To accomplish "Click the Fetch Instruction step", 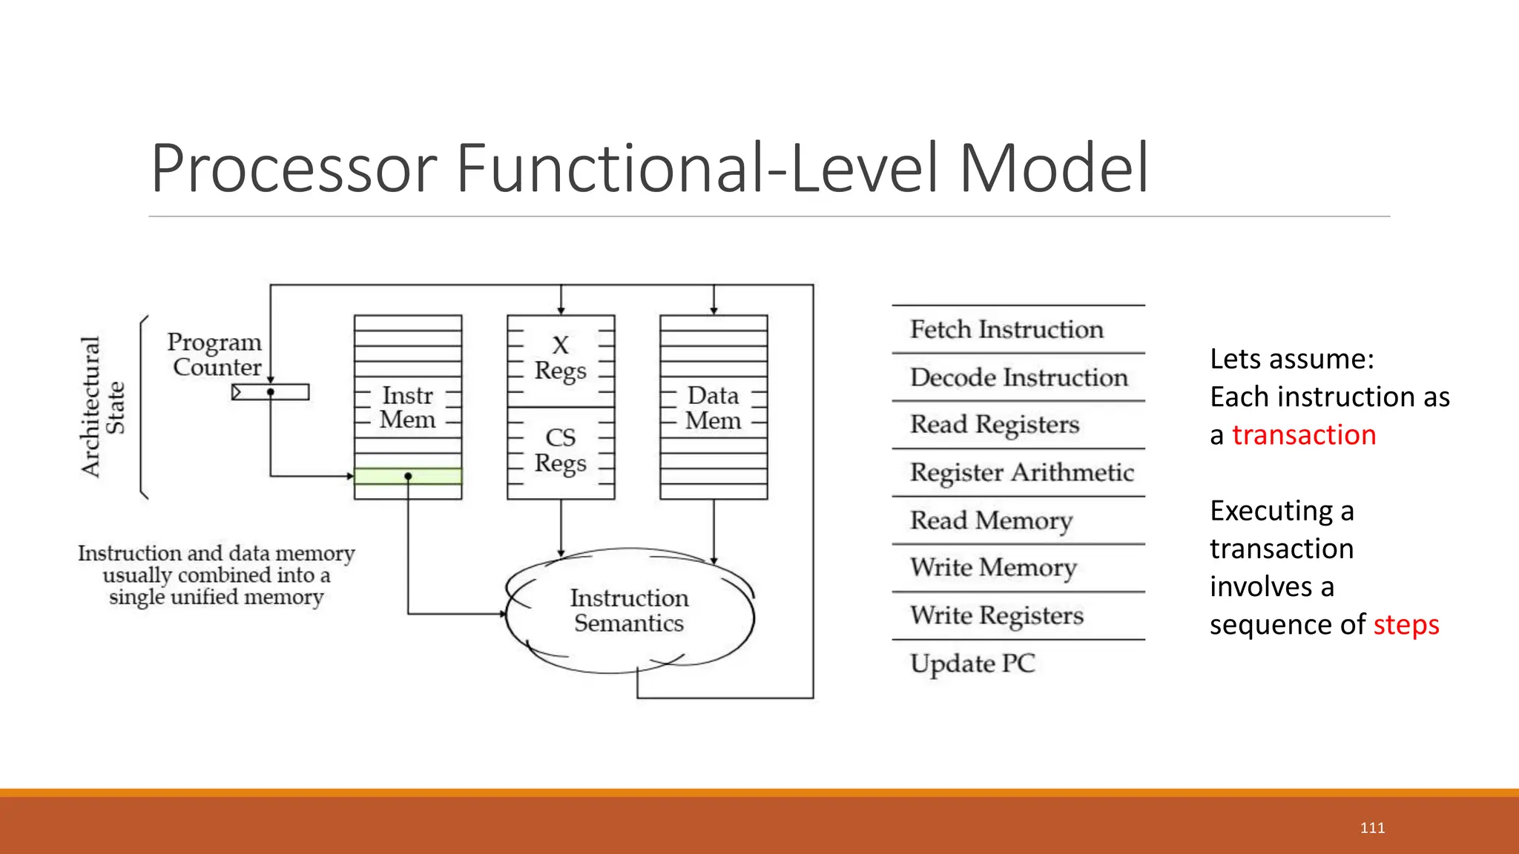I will click(x=1006, y=329).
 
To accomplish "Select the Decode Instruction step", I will click(x=1018, y=377).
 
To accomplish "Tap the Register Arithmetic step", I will click(x=1021, y=472).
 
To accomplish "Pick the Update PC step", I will click(x=972, y=663).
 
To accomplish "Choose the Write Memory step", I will click(x=993, y=568).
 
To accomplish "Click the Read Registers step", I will click(x=995, y=425).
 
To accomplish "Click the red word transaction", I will click(x=1304, y=435).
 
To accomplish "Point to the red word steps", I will click(x=1406, y=625).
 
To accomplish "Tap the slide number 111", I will click(x=1372, y=828).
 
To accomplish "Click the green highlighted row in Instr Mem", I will click(x=408, y=476).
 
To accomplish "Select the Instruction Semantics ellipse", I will click(x=629, y=611).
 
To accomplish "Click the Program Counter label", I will click(x=214, y=354).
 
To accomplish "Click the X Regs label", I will click(x=561, y=357).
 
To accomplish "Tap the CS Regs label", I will click(x=561, y=450).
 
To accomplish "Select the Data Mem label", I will click(x=713, y=408).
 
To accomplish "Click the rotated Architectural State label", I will click(x=102, y=406).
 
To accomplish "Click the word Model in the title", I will click(x=1053, y=168).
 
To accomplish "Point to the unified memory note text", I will click(x=216, y=575).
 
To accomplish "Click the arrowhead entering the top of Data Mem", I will click(x=714, y=311).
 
